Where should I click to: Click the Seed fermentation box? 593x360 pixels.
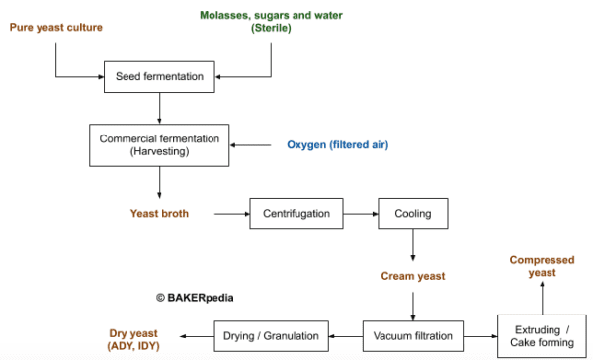point(159,75)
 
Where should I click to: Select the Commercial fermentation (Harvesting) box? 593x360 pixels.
point(159,144)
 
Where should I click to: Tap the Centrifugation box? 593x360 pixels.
point(296,212)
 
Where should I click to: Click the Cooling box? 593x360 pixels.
point(412,212)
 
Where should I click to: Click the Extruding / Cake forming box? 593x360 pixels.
point(542,335)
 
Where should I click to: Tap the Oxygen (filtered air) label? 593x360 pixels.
point(337,145)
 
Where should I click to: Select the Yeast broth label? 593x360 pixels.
point(159,212)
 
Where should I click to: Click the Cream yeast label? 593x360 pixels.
point(412,276)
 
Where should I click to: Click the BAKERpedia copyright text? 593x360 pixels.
point(195,296)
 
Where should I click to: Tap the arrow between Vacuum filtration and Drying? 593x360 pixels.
point(343,335)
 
